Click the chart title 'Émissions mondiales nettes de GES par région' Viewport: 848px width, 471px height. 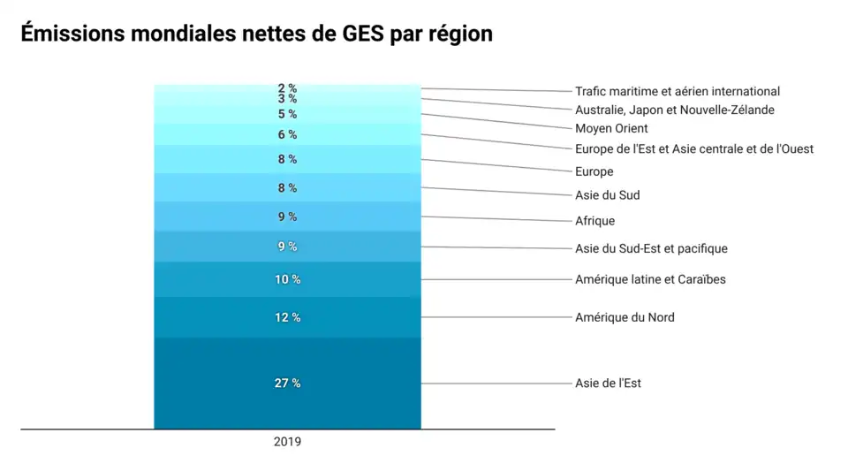point(256,34)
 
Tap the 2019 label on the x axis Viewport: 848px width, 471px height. point(287,442)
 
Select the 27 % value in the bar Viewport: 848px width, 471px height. point(287,383)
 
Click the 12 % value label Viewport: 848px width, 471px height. point(287,317)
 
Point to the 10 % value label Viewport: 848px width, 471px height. point(287,279)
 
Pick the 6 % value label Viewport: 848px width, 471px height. point(287,134)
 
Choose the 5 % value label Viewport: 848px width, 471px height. point(287,114)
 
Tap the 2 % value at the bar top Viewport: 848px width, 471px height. point(287,88)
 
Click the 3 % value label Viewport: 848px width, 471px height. point(287,99)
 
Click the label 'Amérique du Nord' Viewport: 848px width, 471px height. point(625,317)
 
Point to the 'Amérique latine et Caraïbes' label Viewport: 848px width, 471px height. point(650,279)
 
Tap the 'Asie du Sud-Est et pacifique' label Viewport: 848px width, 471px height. point(651,248)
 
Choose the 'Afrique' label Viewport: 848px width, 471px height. point(594,221)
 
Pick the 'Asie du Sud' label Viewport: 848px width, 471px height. point(608,195)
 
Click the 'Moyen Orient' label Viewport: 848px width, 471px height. point(611,129)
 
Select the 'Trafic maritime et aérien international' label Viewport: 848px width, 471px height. point(678,91)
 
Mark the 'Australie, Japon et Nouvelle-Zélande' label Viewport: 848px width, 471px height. point(675,110)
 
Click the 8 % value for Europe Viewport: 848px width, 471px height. point(287,159)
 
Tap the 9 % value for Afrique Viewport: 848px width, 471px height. point(287,217)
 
